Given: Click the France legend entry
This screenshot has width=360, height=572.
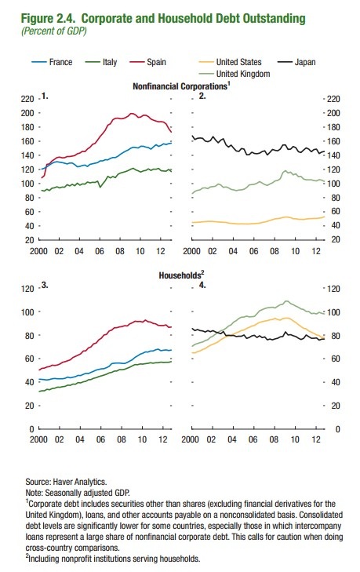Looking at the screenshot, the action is [x=52, y=62].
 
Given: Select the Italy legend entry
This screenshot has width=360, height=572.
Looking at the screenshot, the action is [x=101, y=62].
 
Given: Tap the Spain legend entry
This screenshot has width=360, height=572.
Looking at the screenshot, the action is [x=147, y=62].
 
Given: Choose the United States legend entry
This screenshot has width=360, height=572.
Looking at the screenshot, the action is [x=230, y=62].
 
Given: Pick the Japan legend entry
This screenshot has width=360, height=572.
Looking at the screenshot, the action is [x=296, y=62].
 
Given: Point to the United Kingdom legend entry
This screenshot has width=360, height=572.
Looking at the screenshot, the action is [x=235, y=74].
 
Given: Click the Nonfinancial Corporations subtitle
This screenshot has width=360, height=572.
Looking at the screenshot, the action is [x=180, y=86].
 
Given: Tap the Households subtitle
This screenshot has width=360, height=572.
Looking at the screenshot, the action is [x=180, y=275].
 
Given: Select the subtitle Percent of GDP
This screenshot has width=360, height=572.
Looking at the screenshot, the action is [x=54, y=31].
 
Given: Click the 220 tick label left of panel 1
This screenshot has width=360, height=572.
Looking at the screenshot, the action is [x=27, y=99].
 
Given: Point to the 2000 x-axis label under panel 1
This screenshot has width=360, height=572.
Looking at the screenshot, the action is [x=38, y=251].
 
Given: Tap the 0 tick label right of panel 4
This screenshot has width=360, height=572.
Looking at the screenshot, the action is [x=337, y=429].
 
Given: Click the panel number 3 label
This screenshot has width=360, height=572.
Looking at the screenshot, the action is [x=45, y=286].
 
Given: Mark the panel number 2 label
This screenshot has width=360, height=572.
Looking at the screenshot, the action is [x=202, y=96].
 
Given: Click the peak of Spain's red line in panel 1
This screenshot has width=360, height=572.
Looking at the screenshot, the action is [x=132, y=114].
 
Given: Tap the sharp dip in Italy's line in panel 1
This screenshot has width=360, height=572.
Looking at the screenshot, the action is [x=100, y=188].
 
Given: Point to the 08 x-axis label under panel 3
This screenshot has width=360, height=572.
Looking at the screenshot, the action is [x=122, y=439].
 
